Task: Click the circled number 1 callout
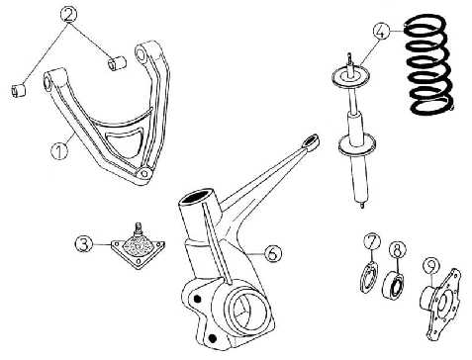tap(59, 151)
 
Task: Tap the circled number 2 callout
tap(68, 14)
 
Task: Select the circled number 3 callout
tap(84, 244)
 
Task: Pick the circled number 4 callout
tap(381, 32)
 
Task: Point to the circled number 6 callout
tap(273, 253)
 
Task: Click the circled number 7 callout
tap(371, 241)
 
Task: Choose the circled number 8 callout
tap(397, 250)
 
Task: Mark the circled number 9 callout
tap(431, 267)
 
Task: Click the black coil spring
tap(430, 64)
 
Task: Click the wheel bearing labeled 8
tap(394, 284)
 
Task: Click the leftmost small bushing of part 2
tap(19, 91)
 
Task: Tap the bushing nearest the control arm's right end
tap(117, 63)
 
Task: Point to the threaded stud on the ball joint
tap(139, 228)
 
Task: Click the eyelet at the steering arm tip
tap(311, 141)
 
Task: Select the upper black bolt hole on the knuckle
tap(197, 299)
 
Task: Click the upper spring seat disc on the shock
tap(349, 76)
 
